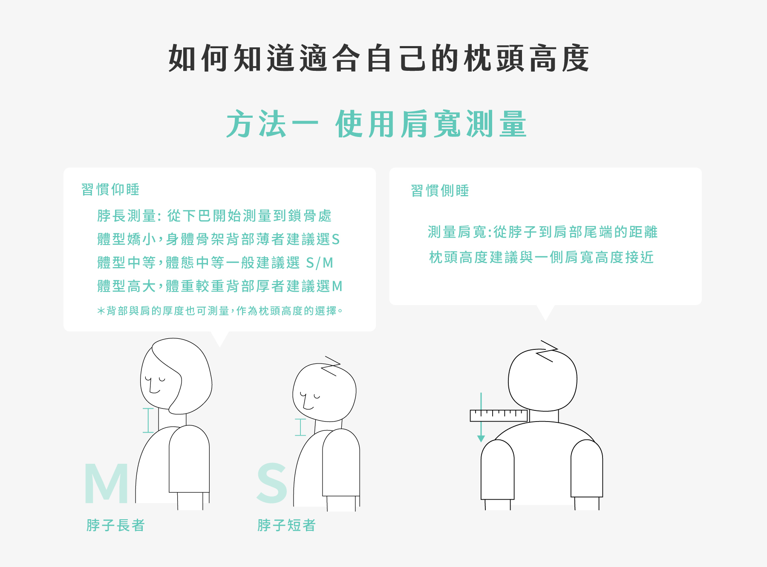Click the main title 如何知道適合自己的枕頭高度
(379, 58)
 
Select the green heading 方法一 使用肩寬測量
(377, 124)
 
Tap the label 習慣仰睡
(110, 189)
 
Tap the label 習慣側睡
(440, 190)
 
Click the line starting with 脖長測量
(214, 216)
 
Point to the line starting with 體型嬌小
(218, 239)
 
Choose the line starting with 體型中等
(215, 263)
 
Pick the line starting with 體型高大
(219, 286)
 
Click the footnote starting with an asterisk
(219, 311)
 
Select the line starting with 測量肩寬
(542, 232)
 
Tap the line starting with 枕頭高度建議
(541, 257)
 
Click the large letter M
(106, 483)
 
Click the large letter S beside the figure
(272, 483)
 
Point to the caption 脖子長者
(115, 525)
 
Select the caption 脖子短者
(286, 525)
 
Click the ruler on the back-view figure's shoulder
(499, 416)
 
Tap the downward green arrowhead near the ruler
(481, 439)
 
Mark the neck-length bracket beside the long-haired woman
(148, 420)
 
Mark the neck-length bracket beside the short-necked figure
(300, 427)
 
